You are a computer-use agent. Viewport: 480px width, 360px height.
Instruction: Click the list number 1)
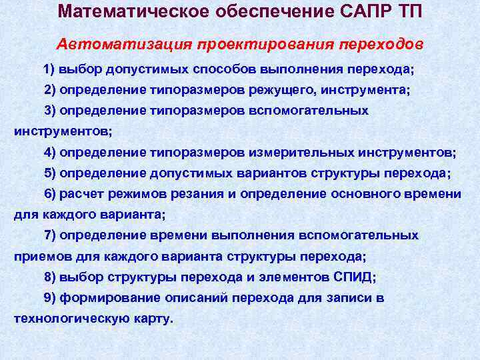[x=51, y=69]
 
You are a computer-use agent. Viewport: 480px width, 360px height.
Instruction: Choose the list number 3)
[x=51, y=111]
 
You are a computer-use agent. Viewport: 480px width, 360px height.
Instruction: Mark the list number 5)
[x=51, y=173]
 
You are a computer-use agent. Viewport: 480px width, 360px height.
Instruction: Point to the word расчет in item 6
[x=79, y=194]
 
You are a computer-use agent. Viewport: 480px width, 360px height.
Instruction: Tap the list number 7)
[x=51, y=235]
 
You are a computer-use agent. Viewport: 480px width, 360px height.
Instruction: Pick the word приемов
[x=38, y=256]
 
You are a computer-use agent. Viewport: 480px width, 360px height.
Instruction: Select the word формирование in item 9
[x=100, y=298]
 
